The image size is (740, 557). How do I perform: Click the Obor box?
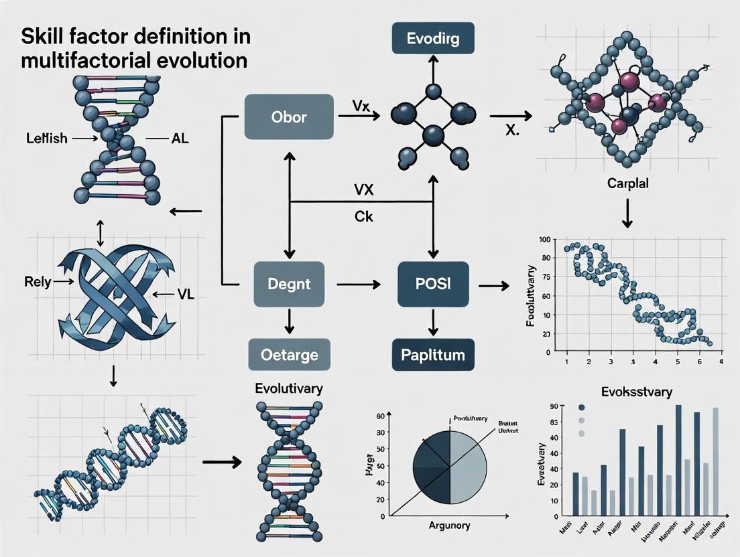coord(289,117)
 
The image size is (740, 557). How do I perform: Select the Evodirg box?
coord(432,38)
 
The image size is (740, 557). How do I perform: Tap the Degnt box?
coord(289,285)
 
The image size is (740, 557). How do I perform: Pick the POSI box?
coord(432,285)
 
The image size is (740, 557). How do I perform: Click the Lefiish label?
coord(45,139)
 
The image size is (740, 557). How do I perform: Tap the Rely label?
coord(38,282)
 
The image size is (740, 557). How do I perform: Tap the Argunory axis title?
coord(450,526)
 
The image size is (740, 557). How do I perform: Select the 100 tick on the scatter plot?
coord(544,240)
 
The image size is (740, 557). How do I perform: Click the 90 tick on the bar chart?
coord(554,407)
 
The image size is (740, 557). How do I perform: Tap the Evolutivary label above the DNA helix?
coord(289,388)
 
